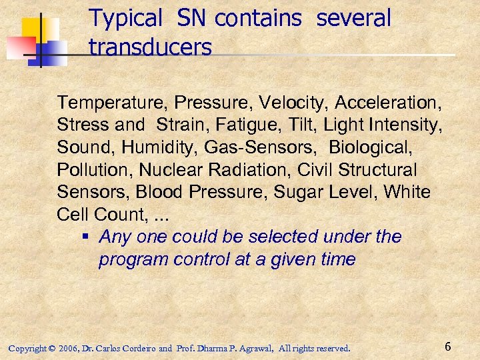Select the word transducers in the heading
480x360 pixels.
tap(150, 47)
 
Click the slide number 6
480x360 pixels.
tap(448, 347)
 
